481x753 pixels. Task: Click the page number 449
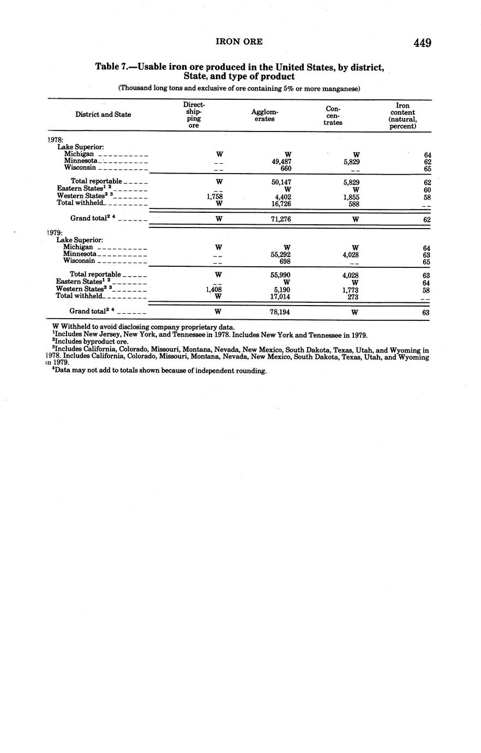coord(422,43)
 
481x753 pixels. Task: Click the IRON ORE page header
coord(239,41)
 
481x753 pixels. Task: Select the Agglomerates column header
coord(264,116)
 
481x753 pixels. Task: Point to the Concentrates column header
coord(333,116)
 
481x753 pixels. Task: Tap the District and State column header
coord(103,115)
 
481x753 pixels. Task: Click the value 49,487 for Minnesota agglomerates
coord(282,162)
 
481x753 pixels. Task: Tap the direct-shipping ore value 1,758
coord(214,196)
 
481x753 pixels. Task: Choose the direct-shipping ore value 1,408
coord(214,290)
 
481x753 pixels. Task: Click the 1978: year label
coord(56,140)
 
